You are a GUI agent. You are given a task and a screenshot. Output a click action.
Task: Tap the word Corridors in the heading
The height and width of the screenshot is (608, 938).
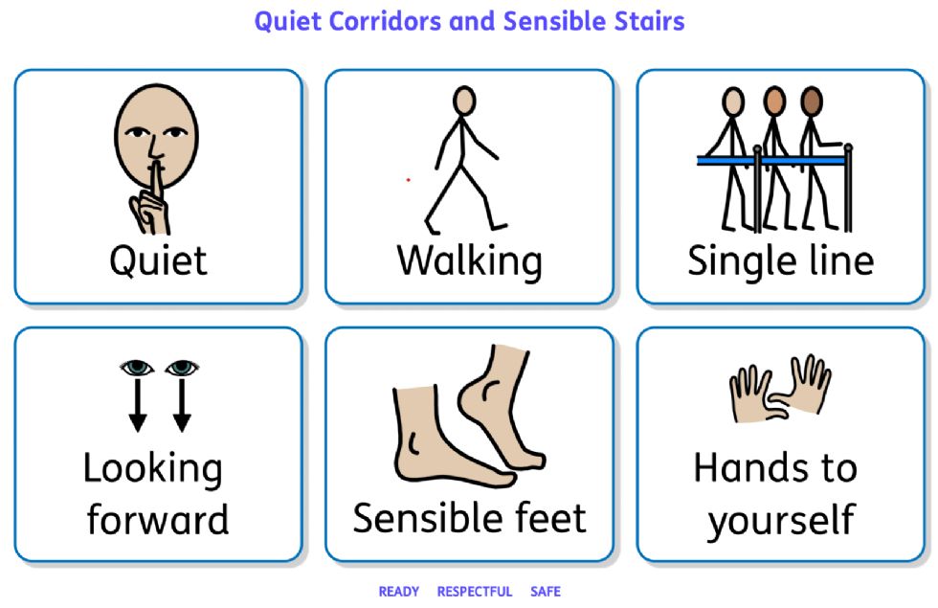click(385, 21)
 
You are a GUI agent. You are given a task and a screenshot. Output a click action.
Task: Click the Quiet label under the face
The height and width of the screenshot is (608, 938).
click(159, 261)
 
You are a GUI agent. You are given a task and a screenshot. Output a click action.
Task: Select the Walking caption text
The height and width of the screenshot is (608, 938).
click(470, 261)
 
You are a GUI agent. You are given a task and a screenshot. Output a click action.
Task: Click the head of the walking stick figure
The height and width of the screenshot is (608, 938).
click(464, 101)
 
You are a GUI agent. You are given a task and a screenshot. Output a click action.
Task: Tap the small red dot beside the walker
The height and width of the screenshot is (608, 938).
click(408, 180)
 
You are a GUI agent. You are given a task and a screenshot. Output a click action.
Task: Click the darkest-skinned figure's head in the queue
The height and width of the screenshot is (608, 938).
click(812, 101)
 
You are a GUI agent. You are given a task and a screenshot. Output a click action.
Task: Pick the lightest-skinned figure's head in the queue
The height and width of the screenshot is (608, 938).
click(733, 101)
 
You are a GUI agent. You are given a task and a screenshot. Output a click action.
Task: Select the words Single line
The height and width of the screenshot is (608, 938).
click(781, 261)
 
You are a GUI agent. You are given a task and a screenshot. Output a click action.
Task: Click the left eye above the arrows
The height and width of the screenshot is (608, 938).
click(136, 367)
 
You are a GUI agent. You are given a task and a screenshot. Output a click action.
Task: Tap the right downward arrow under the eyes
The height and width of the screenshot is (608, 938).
click(182, 405)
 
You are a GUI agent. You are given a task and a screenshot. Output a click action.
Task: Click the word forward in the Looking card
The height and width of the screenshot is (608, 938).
click(158, 519)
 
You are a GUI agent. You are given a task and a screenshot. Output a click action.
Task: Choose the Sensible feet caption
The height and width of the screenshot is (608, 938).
click(470, 518)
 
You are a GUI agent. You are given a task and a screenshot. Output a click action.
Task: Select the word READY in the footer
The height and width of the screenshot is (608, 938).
click(399, 592)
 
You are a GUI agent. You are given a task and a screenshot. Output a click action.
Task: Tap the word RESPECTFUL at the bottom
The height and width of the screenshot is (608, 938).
click(475, 592)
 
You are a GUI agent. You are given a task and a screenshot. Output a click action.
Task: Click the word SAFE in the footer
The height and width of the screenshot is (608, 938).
click(546, 592)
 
